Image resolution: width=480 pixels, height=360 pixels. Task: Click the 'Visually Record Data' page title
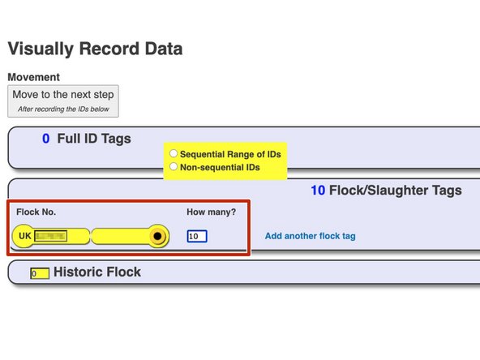click(x=95, y=49)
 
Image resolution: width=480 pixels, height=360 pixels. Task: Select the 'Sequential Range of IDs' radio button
click(x=174, y=153)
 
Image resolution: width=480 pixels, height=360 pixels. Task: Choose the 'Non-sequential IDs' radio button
click(x=174, y=168)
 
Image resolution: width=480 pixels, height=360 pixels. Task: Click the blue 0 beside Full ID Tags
click(x=46, y=139)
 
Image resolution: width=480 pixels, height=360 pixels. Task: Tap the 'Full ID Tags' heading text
click(x=94, y=139)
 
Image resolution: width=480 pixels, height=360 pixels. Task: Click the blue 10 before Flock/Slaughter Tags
click(x=318, y=191)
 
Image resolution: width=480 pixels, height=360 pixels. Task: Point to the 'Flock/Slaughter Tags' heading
click(x=396, y=191)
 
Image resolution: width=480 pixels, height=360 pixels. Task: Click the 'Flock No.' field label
click(x=36, y=212)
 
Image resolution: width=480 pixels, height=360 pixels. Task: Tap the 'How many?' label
click(x=211, y=212)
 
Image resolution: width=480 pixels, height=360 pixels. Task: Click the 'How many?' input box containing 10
click(x=196, y=237)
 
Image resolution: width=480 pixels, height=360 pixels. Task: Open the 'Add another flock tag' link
click(x=310, y=237)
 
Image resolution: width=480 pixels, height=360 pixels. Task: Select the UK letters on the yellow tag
click(x=25, y=237)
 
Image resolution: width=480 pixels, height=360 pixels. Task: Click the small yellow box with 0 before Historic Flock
click(x=38, y=273)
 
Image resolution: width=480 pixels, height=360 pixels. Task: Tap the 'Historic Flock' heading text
click(x=96, y=272)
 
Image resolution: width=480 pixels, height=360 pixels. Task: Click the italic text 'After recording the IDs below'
click(x=63, y=108)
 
